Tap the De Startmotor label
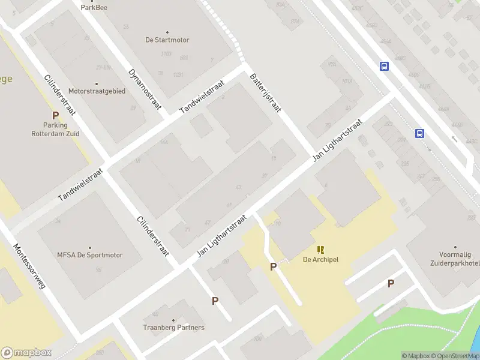click(x=167, y=40)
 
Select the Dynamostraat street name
click(x=145, y=89)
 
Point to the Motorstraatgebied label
click(x=97, y=91)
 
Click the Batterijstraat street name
click(x=266, y=93)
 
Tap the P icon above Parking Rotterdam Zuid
click(x=55, y=115)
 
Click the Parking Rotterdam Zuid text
click(x=55, y=130)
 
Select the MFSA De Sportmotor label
click(x=90, y=255)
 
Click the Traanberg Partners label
click(x=173, y=328)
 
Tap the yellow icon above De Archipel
click(x=321, y=249)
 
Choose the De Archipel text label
click(x=321, y=260)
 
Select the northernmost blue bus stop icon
click(x=384, y=67)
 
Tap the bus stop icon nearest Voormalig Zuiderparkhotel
click(x=420, y=134)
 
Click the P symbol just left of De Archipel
click(x=274, y=267)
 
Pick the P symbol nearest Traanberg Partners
click(x=215, y=301)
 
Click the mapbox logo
click(x=25, y=352)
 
